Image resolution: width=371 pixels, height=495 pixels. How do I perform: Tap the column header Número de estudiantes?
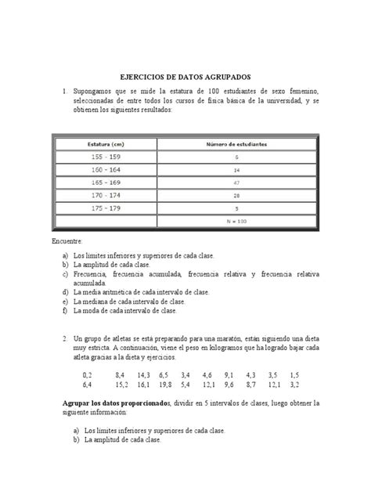pyautogui.click(x=236, y=143)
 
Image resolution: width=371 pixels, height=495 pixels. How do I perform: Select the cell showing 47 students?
pyautogui.click(x=236, y=182)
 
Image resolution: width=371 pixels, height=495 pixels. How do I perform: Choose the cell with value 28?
pyautogui.click(x=236, y=196)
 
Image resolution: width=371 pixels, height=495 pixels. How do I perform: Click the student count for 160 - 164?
pyautogui.click(x=236, y=169)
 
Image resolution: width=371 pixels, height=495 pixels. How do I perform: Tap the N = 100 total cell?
pyautogui.click(x=236, y=222)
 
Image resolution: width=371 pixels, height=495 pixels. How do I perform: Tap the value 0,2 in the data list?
pyautogui.click(x=86, y=375)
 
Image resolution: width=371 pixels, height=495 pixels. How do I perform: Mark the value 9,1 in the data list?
pyautogui.click(x=228, y=375)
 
